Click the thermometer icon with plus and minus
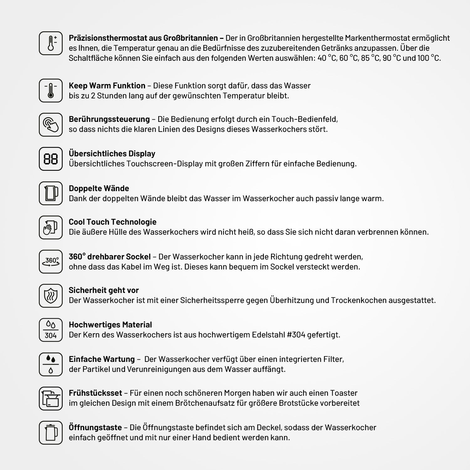[x=51, y=43]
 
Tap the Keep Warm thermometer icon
[x=51, y=91]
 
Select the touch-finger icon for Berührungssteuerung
[x=51, y=124]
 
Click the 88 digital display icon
[x=51, y=159]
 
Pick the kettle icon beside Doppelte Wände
[x=51, y=193]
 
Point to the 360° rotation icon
[x=51, y=262]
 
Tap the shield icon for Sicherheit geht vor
[x=51, y=296]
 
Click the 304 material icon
[x=51, y=330]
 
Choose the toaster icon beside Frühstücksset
[x=51, y=399]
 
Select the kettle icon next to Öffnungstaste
[x=51, y=433]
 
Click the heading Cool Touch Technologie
[x=112, y=222]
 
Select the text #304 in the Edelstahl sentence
[x=296, y=335]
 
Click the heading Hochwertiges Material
[x=110, y=325]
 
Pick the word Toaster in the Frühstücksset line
[x=343, y=393]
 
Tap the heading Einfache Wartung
[x=102, y=359]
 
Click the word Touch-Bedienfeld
[x=304, y=119]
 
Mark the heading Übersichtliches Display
[x=112, y=154]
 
